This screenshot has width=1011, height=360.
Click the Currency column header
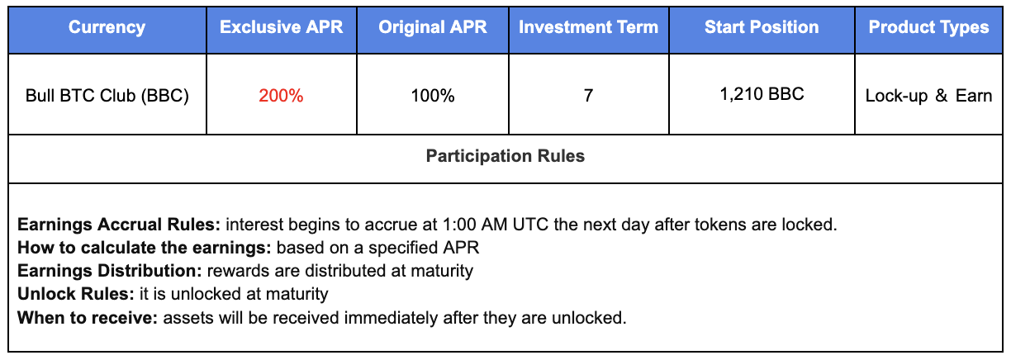(107, 27)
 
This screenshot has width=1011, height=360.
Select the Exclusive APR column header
(281, 27)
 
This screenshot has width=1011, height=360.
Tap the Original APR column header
(432, 27)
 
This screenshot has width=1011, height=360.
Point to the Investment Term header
(588, 27)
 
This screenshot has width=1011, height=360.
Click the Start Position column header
(762, 27)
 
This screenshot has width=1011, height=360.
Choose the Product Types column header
(928, 27)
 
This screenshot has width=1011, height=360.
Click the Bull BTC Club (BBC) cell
(107, 96)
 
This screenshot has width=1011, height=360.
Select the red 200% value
(281, 96)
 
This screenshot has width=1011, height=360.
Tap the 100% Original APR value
(432, 96)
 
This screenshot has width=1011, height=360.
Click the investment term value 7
(588, 96)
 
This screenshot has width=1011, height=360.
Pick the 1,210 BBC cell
(762, 94)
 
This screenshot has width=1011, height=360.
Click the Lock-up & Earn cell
(928, 96)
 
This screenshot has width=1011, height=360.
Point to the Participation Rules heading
(505, 156)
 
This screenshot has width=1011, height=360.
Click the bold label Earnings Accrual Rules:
(119, 225)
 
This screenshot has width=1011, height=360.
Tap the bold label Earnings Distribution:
(109, 271)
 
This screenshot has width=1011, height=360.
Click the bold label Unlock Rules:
(76, 294)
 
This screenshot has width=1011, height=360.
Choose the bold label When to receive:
(88, 318)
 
